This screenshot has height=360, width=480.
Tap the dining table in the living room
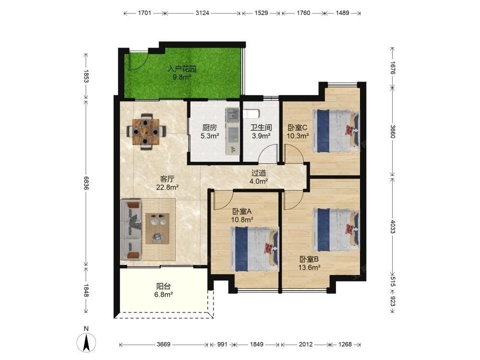pos(146,132)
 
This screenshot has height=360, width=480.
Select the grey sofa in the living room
pos(132,229)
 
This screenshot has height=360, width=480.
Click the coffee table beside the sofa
pos(157,228)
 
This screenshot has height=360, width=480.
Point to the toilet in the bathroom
pos(252,114)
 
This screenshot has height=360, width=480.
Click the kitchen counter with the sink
pos(233,131)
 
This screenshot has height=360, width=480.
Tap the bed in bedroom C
pos(336,131)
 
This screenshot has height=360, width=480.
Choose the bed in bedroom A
pos(254,249)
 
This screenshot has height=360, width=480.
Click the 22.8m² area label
pos(168,187)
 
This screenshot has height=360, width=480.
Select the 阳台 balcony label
pos(164,287)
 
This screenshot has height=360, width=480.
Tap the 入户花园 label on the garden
pos(182,69)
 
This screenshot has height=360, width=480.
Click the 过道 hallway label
pos(259,173)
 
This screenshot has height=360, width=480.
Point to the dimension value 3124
pos(203,13)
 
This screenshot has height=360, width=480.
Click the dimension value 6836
pos(86,183)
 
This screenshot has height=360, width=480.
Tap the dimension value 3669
pos(164,344)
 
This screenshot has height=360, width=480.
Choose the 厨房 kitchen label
pos(209,128)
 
